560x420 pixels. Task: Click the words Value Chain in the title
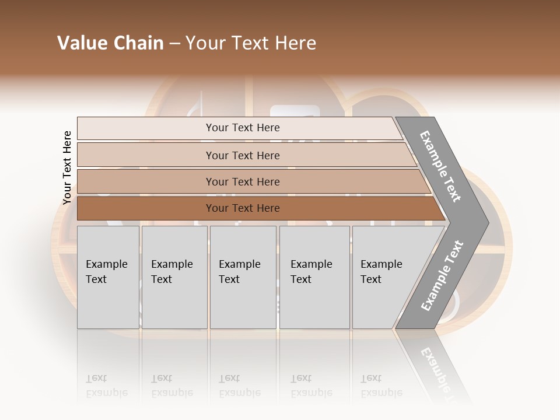tap(110, 43)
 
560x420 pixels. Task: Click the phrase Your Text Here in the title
tap(251, 43)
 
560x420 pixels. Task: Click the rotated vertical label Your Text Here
tap(67, 167)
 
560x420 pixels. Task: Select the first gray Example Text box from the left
tap(108, 277)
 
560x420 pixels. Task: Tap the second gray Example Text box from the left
tap(174, 277)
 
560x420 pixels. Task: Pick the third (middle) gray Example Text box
tap(243, 277)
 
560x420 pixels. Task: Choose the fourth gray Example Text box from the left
tap(314, 277)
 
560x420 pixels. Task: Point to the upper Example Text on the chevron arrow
tap(440, 166)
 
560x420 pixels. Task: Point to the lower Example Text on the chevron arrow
tap(442, 276)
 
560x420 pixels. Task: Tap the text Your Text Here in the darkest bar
tap(243, 208)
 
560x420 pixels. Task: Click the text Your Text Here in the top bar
tap(243, 128)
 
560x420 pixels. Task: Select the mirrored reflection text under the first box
tap(107, 386)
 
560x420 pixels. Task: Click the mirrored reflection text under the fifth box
tap(381, 386)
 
